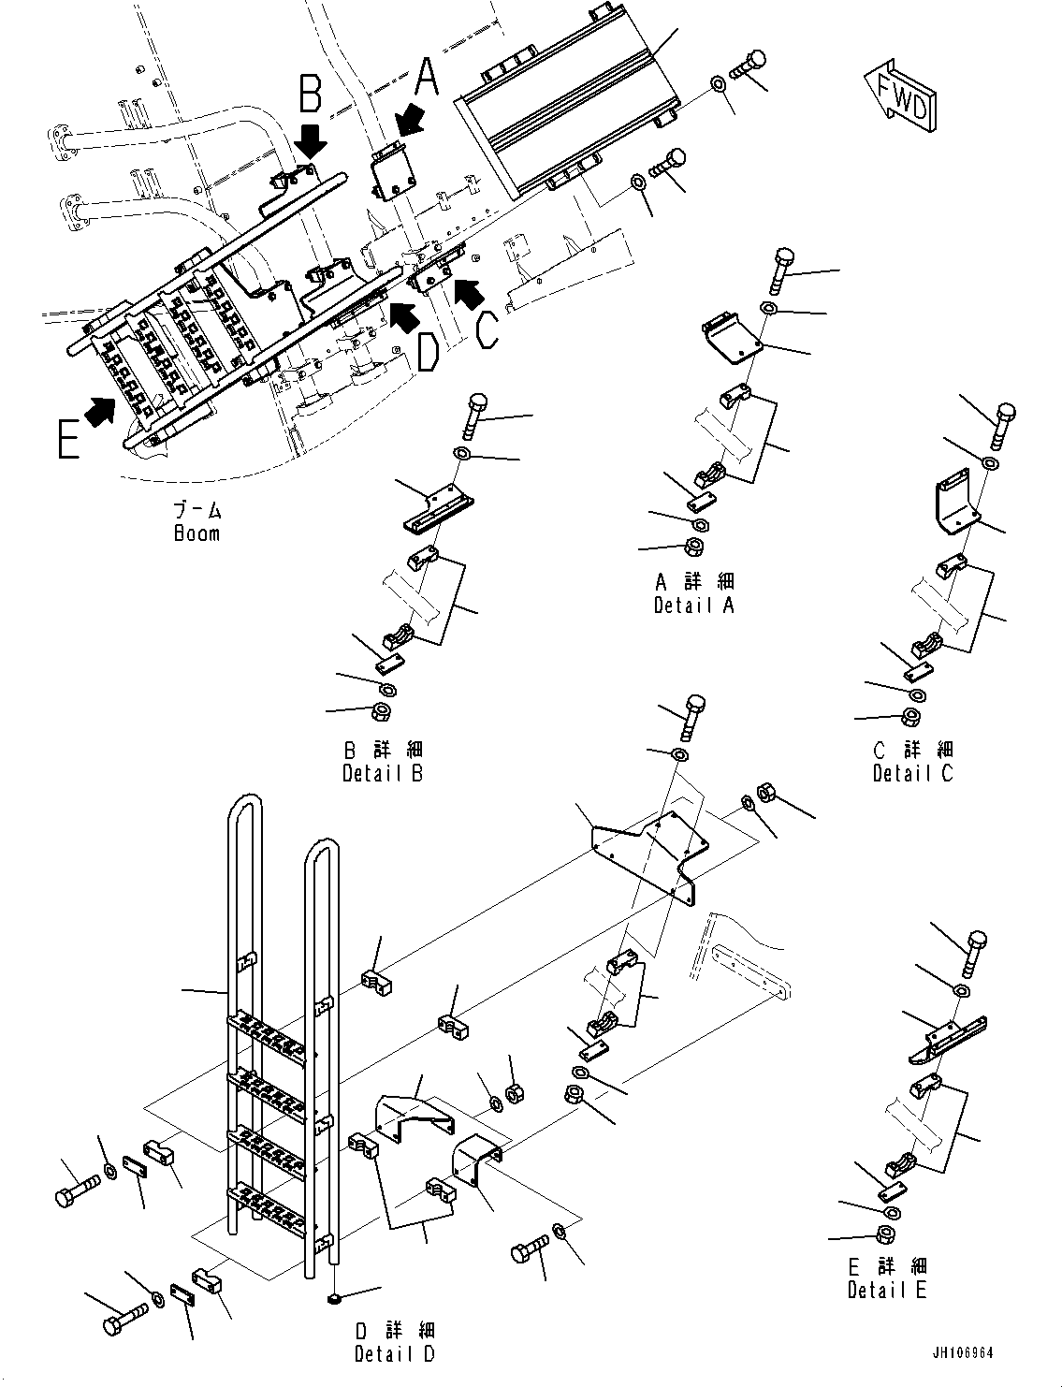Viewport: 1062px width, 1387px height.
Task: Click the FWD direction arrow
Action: tap(897, 97)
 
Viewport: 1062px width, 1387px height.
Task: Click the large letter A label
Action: tap(427, 77)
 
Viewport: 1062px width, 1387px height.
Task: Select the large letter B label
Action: tap(311, 95)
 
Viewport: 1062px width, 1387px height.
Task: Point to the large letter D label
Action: tap(427, 354)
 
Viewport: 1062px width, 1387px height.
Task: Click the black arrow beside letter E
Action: tap(100, 409)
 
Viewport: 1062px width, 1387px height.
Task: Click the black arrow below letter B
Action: tap(312, 141)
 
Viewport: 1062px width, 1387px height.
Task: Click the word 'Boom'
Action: tap(196, 533)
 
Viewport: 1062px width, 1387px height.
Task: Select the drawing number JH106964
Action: tap(963, 1352)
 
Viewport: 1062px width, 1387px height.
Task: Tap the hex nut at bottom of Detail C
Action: tap(909, 718)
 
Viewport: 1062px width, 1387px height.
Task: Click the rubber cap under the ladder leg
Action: tap(334, 1299)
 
